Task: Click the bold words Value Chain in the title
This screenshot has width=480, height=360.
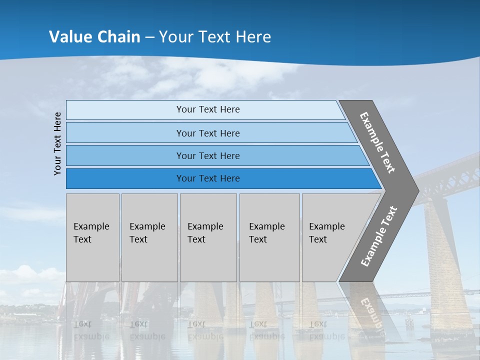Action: coord(94,37)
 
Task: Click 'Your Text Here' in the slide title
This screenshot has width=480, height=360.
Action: coord(215,37)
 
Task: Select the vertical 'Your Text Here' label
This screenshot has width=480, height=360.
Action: coord(57,143)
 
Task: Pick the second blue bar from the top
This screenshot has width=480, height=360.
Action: coord(207,133)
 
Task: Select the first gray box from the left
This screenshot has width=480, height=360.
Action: coord(92,237)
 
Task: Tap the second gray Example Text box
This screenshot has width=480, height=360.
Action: coord(149,237)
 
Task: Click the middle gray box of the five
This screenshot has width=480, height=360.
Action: coord(208,237)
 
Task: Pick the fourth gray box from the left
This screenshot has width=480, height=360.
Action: coord(269,237)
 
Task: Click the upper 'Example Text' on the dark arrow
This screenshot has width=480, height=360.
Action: coord(377,142)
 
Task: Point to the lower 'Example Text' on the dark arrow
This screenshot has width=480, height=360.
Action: coord(379,236)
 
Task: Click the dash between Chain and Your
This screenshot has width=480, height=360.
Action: coord(149,37)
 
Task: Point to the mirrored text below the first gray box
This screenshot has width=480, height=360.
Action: coord(91,330)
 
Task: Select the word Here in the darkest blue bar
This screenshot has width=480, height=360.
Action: coord(229,178)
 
